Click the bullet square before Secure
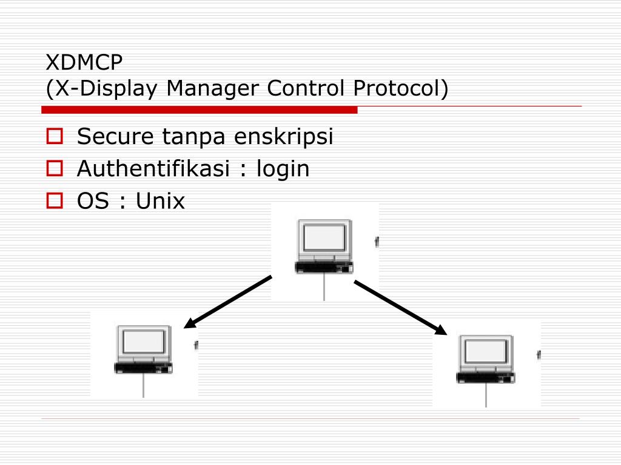(x=55, y=137)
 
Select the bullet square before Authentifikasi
(x=55, y=168)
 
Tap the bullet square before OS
(x=55, y=200)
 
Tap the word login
(x=283, y=170)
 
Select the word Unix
(x=160, y=200)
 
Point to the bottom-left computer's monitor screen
(x=143, y=342)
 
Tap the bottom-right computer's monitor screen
(x=485, y=352)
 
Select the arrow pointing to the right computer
(x=401, y=308)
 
